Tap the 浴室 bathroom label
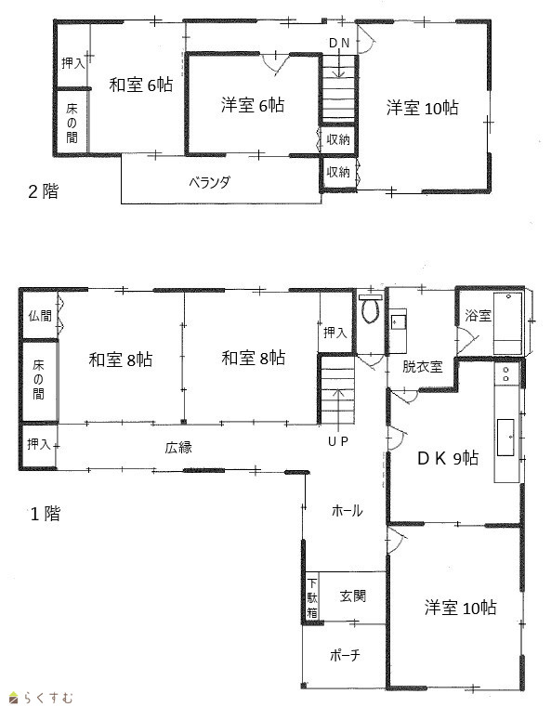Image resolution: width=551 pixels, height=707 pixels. (x=478, y=315)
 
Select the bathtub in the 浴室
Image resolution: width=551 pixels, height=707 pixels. (x=507, y=323)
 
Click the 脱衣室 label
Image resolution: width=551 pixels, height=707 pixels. (x=422, y=367)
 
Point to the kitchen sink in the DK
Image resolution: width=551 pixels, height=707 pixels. (x=505, y=438)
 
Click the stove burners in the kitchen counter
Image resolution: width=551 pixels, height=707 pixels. (x=505, y=374)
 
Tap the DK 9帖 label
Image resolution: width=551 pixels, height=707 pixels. (x=447, y=458)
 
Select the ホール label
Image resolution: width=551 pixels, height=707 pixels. (x=347, y=511)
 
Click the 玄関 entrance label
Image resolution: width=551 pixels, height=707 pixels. (x=352, y=596)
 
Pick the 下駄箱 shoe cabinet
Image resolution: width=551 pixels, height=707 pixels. (x=312, y=598)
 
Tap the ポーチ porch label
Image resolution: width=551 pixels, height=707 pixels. (x=345, y=655)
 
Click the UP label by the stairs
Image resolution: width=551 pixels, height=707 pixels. (x=337, y=442)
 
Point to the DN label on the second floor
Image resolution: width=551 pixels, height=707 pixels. (x=338, y=44)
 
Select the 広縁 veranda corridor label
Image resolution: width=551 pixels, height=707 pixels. (x=178, y=448)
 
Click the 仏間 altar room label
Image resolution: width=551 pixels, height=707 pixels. (x=40, y=316)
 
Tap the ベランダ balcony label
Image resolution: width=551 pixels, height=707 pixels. (x=209, y=182)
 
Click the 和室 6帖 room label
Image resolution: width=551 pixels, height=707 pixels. (x=141, y=85)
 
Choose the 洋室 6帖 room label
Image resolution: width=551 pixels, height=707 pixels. (x=253, y=105)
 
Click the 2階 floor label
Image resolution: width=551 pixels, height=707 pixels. (x=44, y=191)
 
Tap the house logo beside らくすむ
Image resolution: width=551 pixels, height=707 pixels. (x=14, y=698)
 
